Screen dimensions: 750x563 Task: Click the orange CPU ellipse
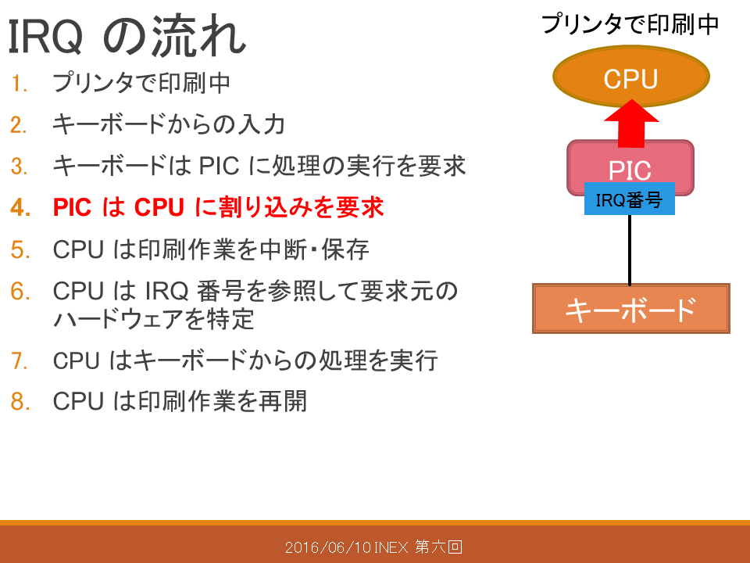(x=631, y=77)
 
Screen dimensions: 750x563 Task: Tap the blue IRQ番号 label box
(x=630, y=199)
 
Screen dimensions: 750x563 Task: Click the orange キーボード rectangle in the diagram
(x=631, y=309)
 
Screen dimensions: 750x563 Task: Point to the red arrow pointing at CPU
(x=631, y=124)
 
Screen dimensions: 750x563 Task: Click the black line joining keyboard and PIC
(x=630, y=249)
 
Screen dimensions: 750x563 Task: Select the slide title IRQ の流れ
(x=127, y=36)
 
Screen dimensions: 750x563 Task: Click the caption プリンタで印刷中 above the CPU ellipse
(x=630, y=23)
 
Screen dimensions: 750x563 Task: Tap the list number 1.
(x=19, y=84)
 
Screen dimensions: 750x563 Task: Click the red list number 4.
(x=20, y=208)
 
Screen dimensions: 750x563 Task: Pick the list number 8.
(x=20, y=401)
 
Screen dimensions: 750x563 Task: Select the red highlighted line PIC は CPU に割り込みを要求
(x=218, y=207)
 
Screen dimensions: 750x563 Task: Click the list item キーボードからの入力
(x=169, y=124)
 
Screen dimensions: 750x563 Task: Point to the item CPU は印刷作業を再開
(x=180, y=401)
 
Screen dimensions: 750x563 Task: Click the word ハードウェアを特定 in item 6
(x=153, y=319)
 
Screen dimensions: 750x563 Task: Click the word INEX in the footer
(x=391, y=547)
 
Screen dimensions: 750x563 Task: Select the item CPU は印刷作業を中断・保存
(x=211, y=249)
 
